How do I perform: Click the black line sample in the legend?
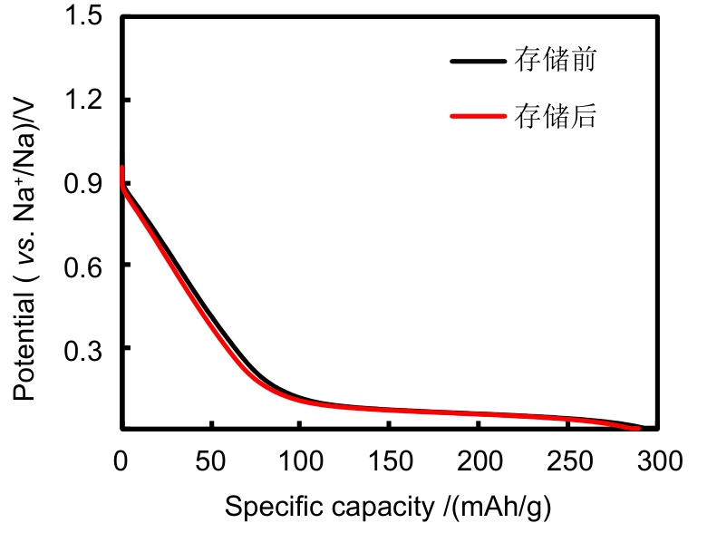click(476, 63)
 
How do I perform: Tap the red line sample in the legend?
click(476, 116)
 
